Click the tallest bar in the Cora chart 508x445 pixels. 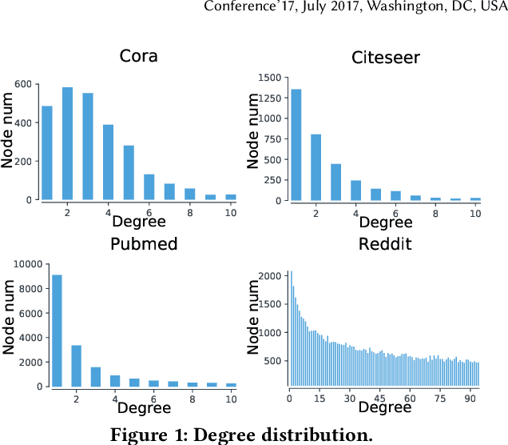[68, 144]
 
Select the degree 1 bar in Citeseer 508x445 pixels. [296, 145]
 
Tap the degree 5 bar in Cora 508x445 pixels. [129, 172]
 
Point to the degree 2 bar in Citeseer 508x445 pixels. [316, 167]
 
